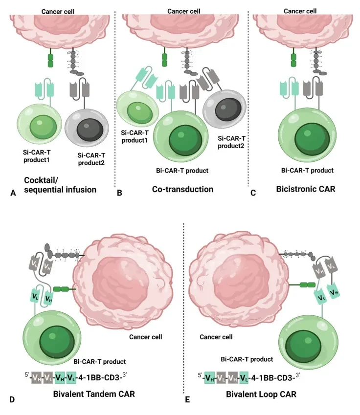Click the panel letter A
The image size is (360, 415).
[x=13, y=193]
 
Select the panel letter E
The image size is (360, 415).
[x=187, y=400]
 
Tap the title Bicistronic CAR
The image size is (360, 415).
[x=305, y=189]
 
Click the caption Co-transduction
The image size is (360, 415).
[x=182, y=189]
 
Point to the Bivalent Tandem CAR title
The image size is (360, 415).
[x=94, y=394]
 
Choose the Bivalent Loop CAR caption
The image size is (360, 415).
[x=261, y=394]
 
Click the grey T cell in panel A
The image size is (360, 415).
[x=87, y=129]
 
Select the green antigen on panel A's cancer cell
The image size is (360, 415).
[x=50, y=60]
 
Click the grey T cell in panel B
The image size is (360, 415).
[x=225, y=109]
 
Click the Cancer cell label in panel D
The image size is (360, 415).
[x=145, y=337]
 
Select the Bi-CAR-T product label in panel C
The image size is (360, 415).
[x=307, y=171]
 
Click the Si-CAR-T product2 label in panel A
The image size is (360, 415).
[x=91, y=159]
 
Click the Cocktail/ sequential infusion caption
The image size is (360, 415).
[x=60, y=185]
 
